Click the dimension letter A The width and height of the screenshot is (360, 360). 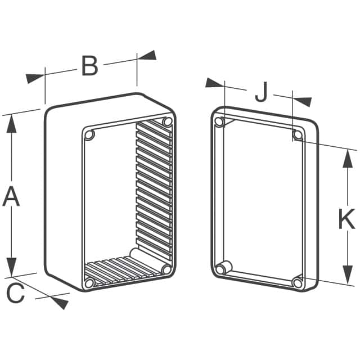coord(11,196)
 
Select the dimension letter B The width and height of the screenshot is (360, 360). coord(90,66)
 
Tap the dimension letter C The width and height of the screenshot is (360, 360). coord(15,293)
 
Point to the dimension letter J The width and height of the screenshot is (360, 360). coord(262,92)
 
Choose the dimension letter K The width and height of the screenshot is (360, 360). coord(347,219)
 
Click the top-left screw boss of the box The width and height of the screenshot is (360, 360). coord(89,135)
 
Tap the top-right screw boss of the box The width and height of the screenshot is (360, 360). coord(167,121)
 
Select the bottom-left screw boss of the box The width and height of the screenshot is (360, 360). coord(89,283)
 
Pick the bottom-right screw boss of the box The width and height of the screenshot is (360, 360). coord(166,269)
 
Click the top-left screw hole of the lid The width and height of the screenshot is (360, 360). coord(219,121)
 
